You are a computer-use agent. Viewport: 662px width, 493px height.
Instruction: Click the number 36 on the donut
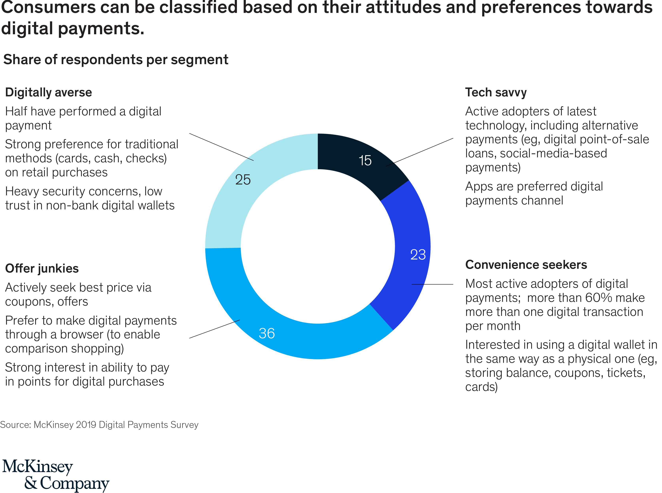click(267, 333)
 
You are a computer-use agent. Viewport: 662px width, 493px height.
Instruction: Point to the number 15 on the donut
click(365, 161)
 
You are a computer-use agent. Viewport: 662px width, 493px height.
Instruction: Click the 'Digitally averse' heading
click(49, 92)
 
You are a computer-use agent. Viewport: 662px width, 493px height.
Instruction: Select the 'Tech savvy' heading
click(496, 92)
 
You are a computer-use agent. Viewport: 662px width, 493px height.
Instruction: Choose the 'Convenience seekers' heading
click(526, 265)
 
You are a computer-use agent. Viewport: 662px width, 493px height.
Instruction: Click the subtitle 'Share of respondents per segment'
click(116, 60)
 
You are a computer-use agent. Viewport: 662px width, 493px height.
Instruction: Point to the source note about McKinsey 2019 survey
click(99, 425)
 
